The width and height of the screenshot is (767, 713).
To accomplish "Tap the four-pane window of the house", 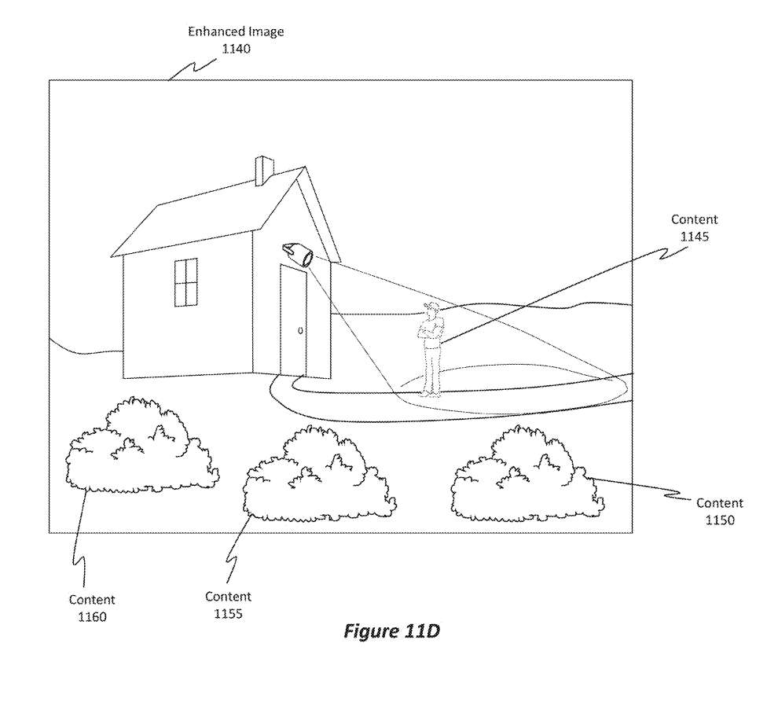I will tap(185, 281).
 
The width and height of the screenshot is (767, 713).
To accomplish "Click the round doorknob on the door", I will tap(300, 330).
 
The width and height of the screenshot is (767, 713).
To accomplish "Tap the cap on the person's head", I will tap(429, 305).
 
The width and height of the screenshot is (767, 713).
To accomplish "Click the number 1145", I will tap(694, 236).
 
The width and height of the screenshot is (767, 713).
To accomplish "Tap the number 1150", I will tap(719, 520).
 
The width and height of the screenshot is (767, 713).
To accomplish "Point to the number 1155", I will tap(228, 613).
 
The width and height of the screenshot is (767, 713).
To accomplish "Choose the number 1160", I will tap(92, 617).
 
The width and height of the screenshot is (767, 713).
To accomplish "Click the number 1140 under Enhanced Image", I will tap(235, 48).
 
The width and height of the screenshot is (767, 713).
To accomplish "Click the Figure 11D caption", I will tap(391, 631).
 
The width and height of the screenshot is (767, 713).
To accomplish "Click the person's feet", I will tap(428, 393).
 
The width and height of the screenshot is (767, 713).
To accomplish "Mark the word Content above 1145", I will tap(694, 220).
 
